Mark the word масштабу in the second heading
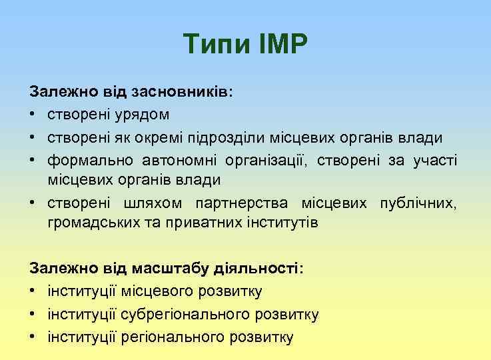pos(142,268)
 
